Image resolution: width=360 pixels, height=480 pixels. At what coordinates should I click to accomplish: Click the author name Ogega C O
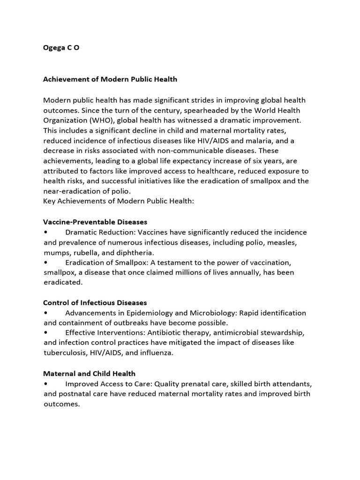coord(61,47)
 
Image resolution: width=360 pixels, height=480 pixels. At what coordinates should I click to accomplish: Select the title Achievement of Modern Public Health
coord(110,79)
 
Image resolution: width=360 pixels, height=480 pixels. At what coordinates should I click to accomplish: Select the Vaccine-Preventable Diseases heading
coord(95,222)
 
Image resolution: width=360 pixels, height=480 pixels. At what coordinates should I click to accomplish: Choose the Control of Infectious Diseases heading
coord(95,303)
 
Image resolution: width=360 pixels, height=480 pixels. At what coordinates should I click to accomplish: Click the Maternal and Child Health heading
coord(89,374)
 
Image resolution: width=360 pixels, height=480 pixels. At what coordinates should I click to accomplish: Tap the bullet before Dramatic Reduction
coord(45,232)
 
